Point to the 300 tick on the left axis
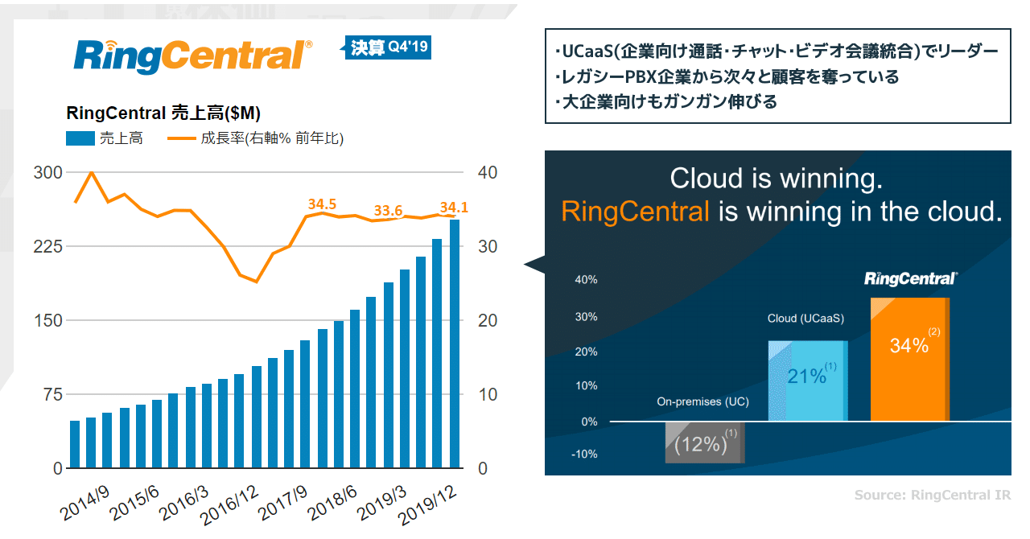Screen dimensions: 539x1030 tap(47, 173)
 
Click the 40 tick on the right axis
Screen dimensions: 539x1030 tap(488, 173)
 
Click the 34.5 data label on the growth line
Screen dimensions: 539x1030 tap(321, 204)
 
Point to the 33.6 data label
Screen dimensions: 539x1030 tap(388, 211)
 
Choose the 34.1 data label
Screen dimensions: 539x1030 tap(454, 207)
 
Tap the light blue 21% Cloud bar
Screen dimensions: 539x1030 tap(807, 381)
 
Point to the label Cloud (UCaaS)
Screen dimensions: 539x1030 tap(805, 319)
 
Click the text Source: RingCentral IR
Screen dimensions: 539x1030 tap(932, 496)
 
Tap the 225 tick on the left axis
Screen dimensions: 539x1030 tap(47, 246)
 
